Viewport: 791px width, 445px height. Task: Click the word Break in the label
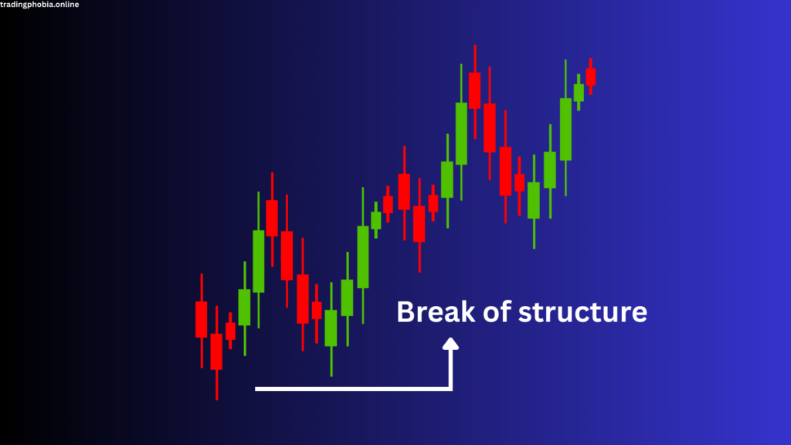point(436,311)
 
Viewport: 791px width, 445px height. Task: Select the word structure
point(582,311)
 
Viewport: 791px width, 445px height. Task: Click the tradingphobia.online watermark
point(39,5)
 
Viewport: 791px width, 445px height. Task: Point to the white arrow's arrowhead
point(450,344)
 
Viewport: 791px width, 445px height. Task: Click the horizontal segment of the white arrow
point(353,389)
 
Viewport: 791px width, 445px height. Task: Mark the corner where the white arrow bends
point(450,389)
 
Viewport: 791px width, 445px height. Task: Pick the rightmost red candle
point(591,76)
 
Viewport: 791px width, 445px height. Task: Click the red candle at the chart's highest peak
point(475,90)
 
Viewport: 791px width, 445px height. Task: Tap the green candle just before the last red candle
point(579,93)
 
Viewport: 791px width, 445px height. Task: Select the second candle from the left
point(216,352)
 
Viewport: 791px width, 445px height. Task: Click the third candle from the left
point(230,331)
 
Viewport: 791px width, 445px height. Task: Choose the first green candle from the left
point(245,307)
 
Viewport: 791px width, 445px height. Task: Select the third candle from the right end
point(565,129)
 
